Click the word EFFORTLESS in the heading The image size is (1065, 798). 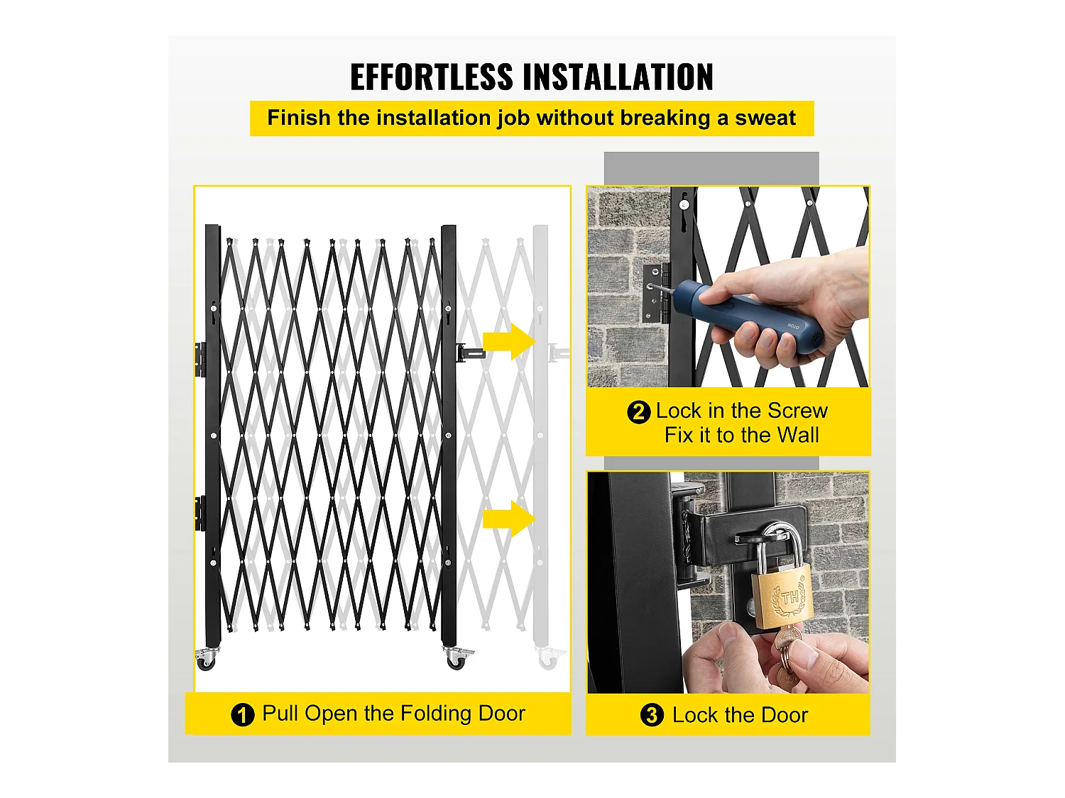click(432, 77)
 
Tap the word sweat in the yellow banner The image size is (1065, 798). click(765, 118)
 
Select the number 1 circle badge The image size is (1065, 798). click(243, 715)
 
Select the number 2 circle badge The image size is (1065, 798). click(638, 412)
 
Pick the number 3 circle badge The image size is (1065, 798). click(652, 715)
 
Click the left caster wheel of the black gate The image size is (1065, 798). click(206, 659)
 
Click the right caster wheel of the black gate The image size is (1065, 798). click(456, 658)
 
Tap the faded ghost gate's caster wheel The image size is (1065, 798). click(549, 659)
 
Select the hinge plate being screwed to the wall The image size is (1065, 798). click(656, 293)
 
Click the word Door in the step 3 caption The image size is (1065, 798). click(784, 715)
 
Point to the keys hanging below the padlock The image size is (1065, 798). click(786, 657)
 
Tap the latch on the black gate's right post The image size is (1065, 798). click(469, 353)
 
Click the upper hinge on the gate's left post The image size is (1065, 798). click(200, 360)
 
